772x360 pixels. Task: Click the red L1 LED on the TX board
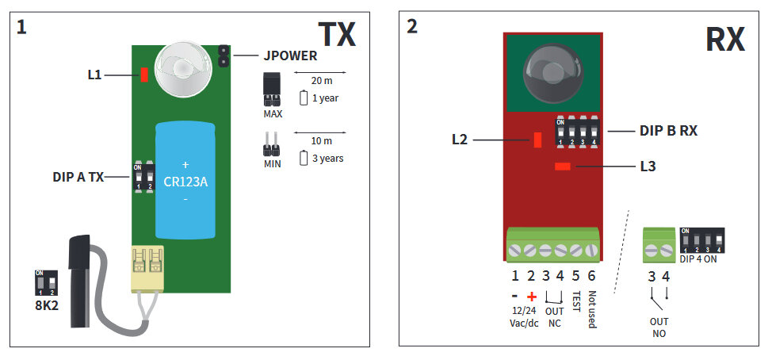144,75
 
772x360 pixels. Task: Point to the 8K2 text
47,304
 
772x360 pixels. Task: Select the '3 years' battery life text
327,159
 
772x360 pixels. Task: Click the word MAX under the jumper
273,113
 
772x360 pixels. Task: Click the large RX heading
724,37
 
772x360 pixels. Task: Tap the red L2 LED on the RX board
538,140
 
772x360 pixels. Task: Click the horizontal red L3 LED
564,167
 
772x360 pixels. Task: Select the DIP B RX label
668,131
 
